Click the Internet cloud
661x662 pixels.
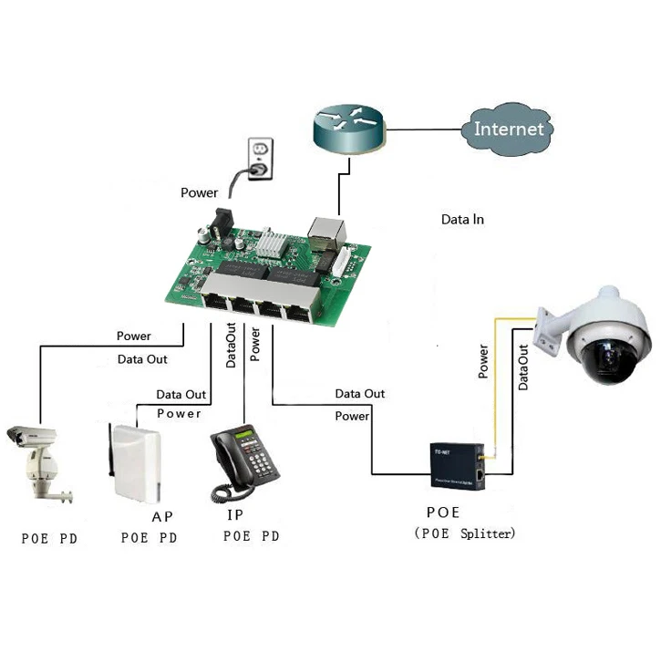508,129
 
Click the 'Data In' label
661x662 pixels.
462,220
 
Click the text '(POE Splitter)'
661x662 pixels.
464,533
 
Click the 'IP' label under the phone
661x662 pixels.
234,515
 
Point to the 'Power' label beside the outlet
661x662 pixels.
199,192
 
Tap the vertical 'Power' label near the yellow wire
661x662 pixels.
483,362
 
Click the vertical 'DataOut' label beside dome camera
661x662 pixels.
524,368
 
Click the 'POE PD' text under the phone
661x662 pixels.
251,536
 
